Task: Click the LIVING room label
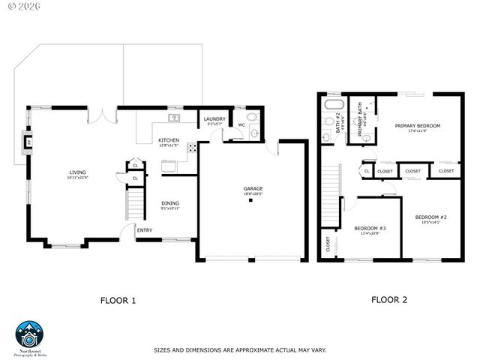(78, 174)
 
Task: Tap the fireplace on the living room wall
(28, 142)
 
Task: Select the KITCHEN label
(168, 141)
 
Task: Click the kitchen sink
(174, 118)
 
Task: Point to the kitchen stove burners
(192, 146)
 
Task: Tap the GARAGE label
(253, 188)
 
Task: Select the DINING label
(170, 203)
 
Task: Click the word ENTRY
(144, 230)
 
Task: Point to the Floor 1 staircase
(133, 203)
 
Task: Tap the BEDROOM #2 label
(430, 217)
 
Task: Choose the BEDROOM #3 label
(370, 228)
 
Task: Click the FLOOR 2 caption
(389, 299)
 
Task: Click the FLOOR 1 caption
(118, 301)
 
